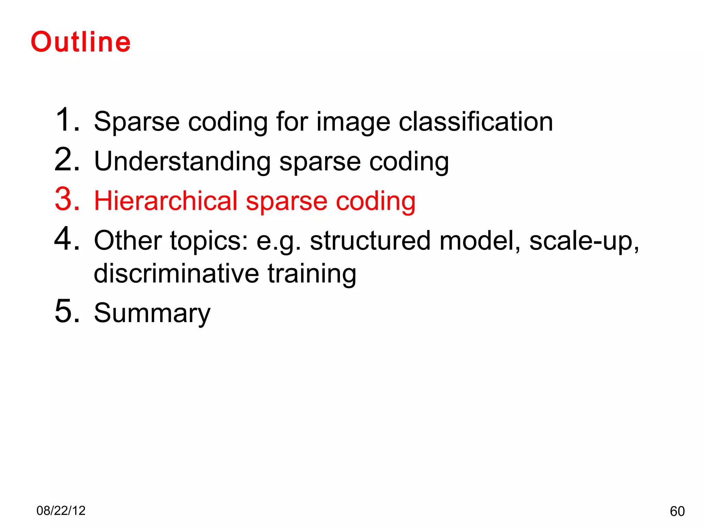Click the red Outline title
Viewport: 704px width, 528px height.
coord(81,42)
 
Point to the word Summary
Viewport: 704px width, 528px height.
coord(152,313)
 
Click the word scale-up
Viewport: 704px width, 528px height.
coord(584,242)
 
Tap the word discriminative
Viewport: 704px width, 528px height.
coord(176,274)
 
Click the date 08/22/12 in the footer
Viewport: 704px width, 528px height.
coord(61,511)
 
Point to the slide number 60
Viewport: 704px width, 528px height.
coord(677,511)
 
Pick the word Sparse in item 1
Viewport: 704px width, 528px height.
coord(136,122)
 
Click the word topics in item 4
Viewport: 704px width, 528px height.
coord(209,242)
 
